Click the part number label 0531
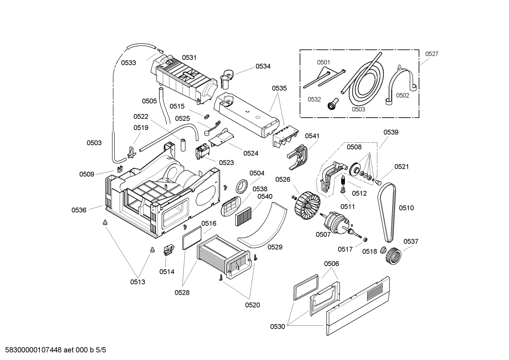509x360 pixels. coord(189,57)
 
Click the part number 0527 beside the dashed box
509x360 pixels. coord(431,54)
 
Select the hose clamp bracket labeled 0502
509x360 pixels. coord(402,85)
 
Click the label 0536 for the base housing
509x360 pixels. coord(79,210)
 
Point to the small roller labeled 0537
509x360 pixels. coord(393,254)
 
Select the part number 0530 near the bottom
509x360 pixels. coord(277,326)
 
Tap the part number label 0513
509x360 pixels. coord(137,282)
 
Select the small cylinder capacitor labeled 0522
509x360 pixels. coord(183,144)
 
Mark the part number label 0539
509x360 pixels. coord(391,132)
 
